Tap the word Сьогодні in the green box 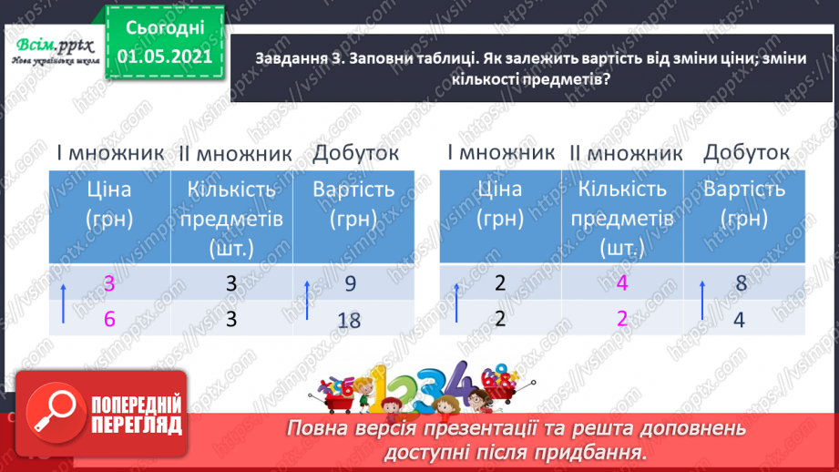[x=163, y=28]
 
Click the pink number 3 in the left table [x=110, y=284]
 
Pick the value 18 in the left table [x=349, y=319]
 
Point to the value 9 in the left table [x=349, y=284]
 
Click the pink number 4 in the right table [x=622, y=283]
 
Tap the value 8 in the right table [x=741, y=283]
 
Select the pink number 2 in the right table [x=622, y=320]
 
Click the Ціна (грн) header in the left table [x=109, y=205]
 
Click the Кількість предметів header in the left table [x=233, y=219]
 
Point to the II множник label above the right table [x=626, y=154]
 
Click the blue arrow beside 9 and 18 [x=307, y=302]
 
